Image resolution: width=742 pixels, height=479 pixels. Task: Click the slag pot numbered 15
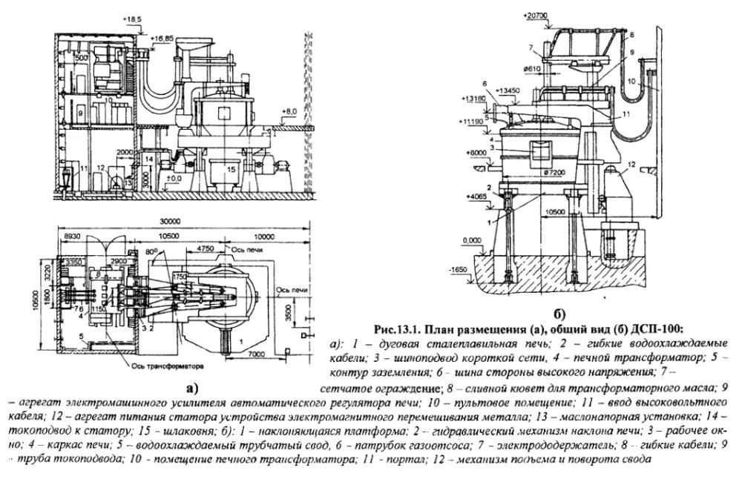point(230,172)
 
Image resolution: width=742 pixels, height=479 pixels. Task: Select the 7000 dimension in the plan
point(255,356)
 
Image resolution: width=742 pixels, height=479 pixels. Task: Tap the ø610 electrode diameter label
point(532,69)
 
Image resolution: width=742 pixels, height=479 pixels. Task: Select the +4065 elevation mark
point(472,198)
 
